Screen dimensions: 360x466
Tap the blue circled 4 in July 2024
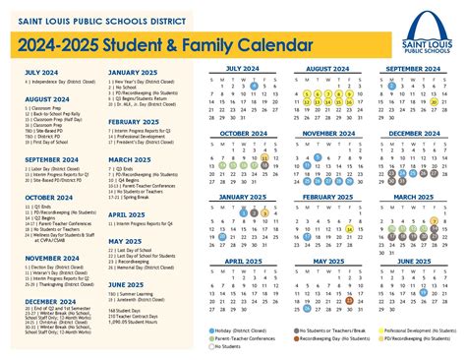tap(255, 87)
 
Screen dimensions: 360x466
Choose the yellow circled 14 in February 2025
tap(350, 230)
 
